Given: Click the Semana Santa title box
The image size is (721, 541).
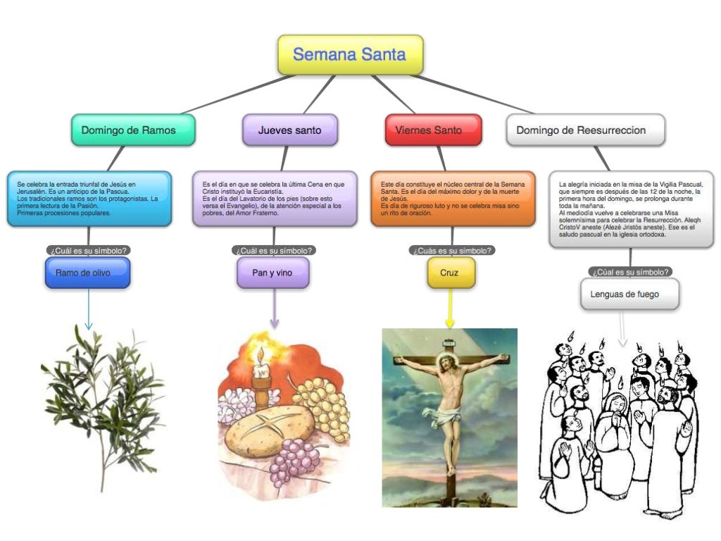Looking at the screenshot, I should (x=350, y=55).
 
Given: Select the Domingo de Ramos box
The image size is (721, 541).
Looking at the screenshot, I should (x=132, y=130).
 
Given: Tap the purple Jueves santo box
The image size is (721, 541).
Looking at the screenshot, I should (x=289, y=130).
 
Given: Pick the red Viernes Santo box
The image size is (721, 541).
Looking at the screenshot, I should (x=433, y=130).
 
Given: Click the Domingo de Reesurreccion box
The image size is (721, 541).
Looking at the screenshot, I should (x=585, y=130).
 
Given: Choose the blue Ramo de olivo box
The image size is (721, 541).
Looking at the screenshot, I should (x=88, y=273).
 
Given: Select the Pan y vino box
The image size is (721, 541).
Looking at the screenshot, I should (x=272, y=273).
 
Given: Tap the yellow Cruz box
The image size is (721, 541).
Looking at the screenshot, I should (x=449, y=273).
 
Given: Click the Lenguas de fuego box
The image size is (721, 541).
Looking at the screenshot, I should (x=629, y=294).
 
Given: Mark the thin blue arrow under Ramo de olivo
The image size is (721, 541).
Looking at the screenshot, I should (x=89, y=310).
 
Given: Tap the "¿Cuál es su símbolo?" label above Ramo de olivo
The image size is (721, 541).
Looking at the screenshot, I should (x=89, y=250).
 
